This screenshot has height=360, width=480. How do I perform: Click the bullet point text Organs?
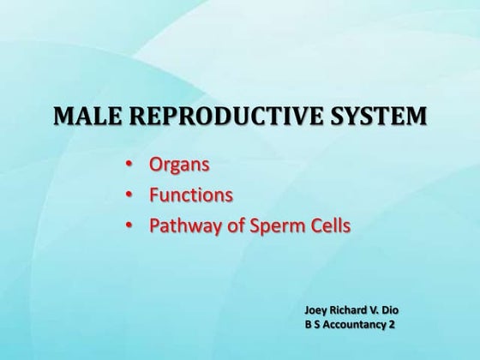(179, 163)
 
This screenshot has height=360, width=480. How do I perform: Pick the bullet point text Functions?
(190, 195)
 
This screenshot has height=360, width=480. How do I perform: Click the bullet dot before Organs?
(129, 163)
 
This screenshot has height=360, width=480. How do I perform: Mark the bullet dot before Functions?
(129, 195)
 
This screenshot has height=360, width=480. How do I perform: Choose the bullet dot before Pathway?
(129, 227)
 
